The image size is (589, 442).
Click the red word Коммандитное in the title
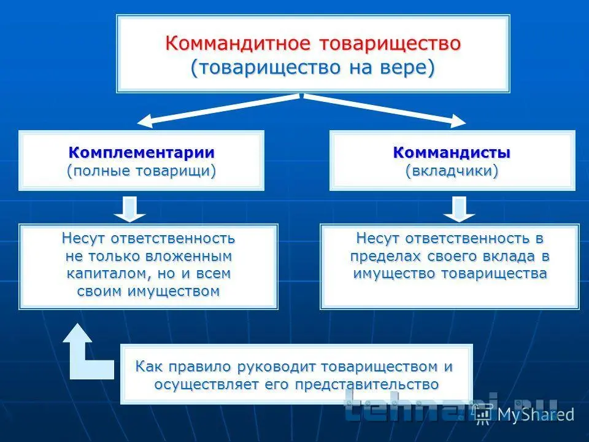[x=238, y=43]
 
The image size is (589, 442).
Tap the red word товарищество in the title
[x=390, y=44]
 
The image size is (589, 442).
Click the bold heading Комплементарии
[x=141, y=153]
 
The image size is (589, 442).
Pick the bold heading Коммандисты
[x=452, y=153]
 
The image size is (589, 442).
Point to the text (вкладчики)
[x=452, y=171]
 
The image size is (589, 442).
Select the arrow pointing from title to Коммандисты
[x=385, y=110]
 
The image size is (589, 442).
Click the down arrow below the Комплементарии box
[x=129, y=209]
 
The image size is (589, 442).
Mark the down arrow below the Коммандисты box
[x=459, y=209]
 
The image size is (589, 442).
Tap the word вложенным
[x=188, y=256]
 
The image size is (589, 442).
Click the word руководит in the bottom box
[x=277, y=367]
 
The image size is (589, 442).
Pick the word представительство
[x=367, y=384]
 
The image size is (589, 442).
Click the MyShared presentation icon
[x=483, y=414]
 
